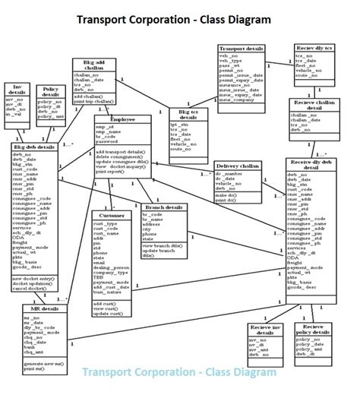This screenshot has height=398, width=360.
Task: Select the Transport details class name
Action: point(242,49)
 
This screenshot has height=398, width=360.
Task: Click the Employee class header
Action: point(122,120)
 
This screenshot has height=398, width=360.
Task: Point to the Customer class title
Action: point(108,216)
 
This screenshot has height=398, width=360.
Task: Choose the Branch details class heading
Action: point(163,207)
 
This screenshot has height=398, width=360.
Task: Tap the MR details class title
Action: point(46,310)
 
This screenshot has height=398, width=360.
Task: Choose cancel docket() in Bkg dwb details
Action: point(30,289)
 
